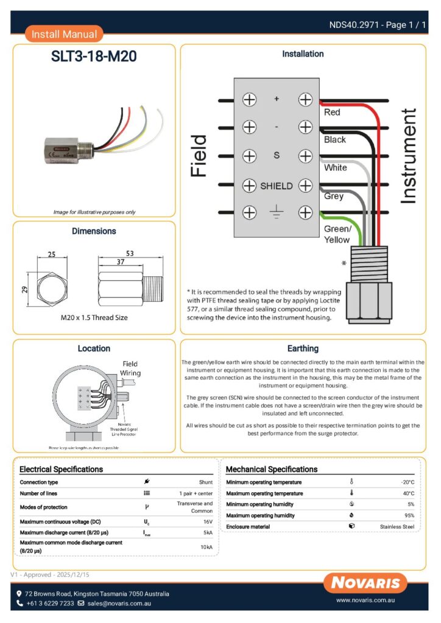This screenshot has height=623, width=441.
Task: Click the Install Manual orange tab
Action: click(x=64, y=34)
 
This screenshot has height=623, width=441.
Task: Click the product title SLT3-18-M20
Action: click(x=94, y=57)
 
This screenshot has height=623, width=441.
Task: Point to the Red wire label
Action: click(x=332, y=113)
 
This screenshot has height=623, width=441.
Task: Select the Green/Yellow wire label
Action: click(x=337, y=234)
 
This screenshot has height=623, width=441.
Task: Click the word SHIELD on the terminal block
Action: click(x=277, y=186)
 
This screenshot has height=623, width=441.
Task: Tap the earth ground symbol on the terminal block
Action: click(x=277, y=213)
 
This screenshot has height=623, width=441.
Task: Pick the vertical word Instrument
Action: click(x=409, y=156)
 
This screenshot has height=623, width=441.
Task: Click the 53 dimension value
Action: click(x=130, y=252)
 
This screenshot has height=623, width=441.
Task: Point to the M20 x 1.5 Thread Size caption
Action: click(x=94, y=318)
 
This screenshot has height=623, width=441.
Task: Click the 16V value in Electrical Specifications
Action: click(x=207, y=522)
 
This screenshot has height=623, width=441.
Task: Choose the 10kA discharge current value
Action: click(x=206, y=547)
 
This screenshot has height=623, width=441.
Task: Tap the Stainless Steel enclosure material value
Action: click(x=397, y=526)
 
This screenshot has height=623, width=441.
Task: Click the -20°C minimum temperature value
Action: click(x=407, y=482)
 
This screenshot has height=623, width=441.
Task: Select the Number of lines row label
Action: click(x=40, y=493)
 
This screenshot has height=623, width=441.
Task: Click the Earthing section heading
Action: click(x=303, y=349)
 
